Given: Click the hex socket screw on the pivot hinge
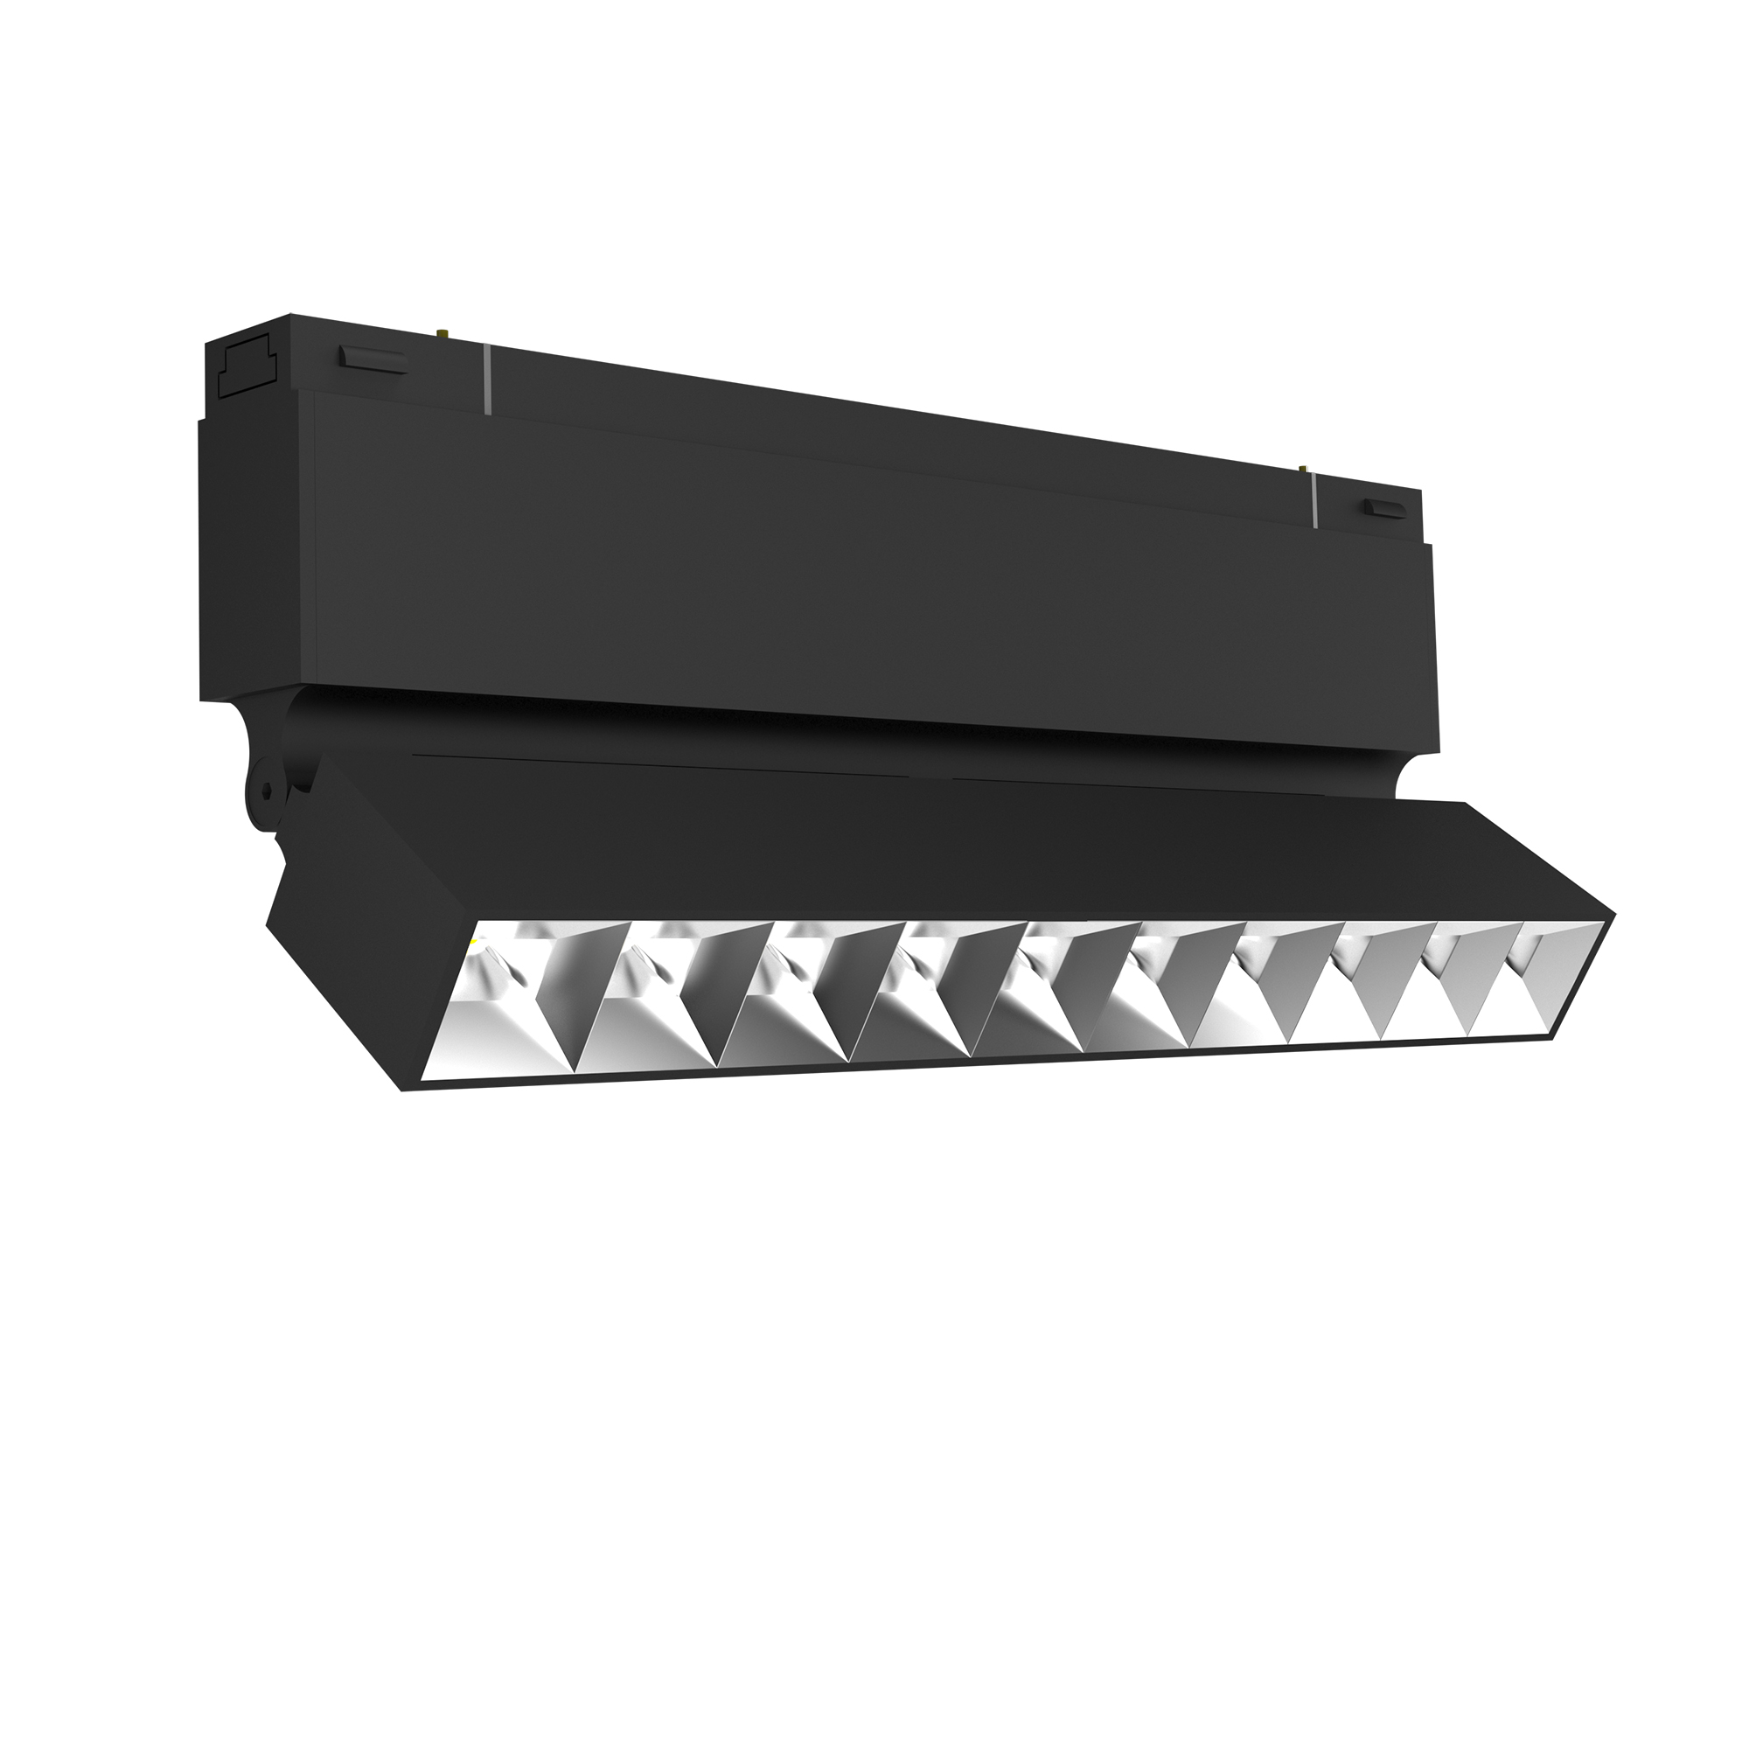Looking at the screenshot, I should point(263,791).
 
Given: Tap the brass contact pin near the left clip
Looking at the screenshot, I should point(444,333).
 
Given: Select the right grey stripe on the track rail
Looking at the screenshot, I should point(1313,503).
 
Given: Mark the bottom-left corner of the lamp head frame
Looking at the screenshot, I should point(403,1090).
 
